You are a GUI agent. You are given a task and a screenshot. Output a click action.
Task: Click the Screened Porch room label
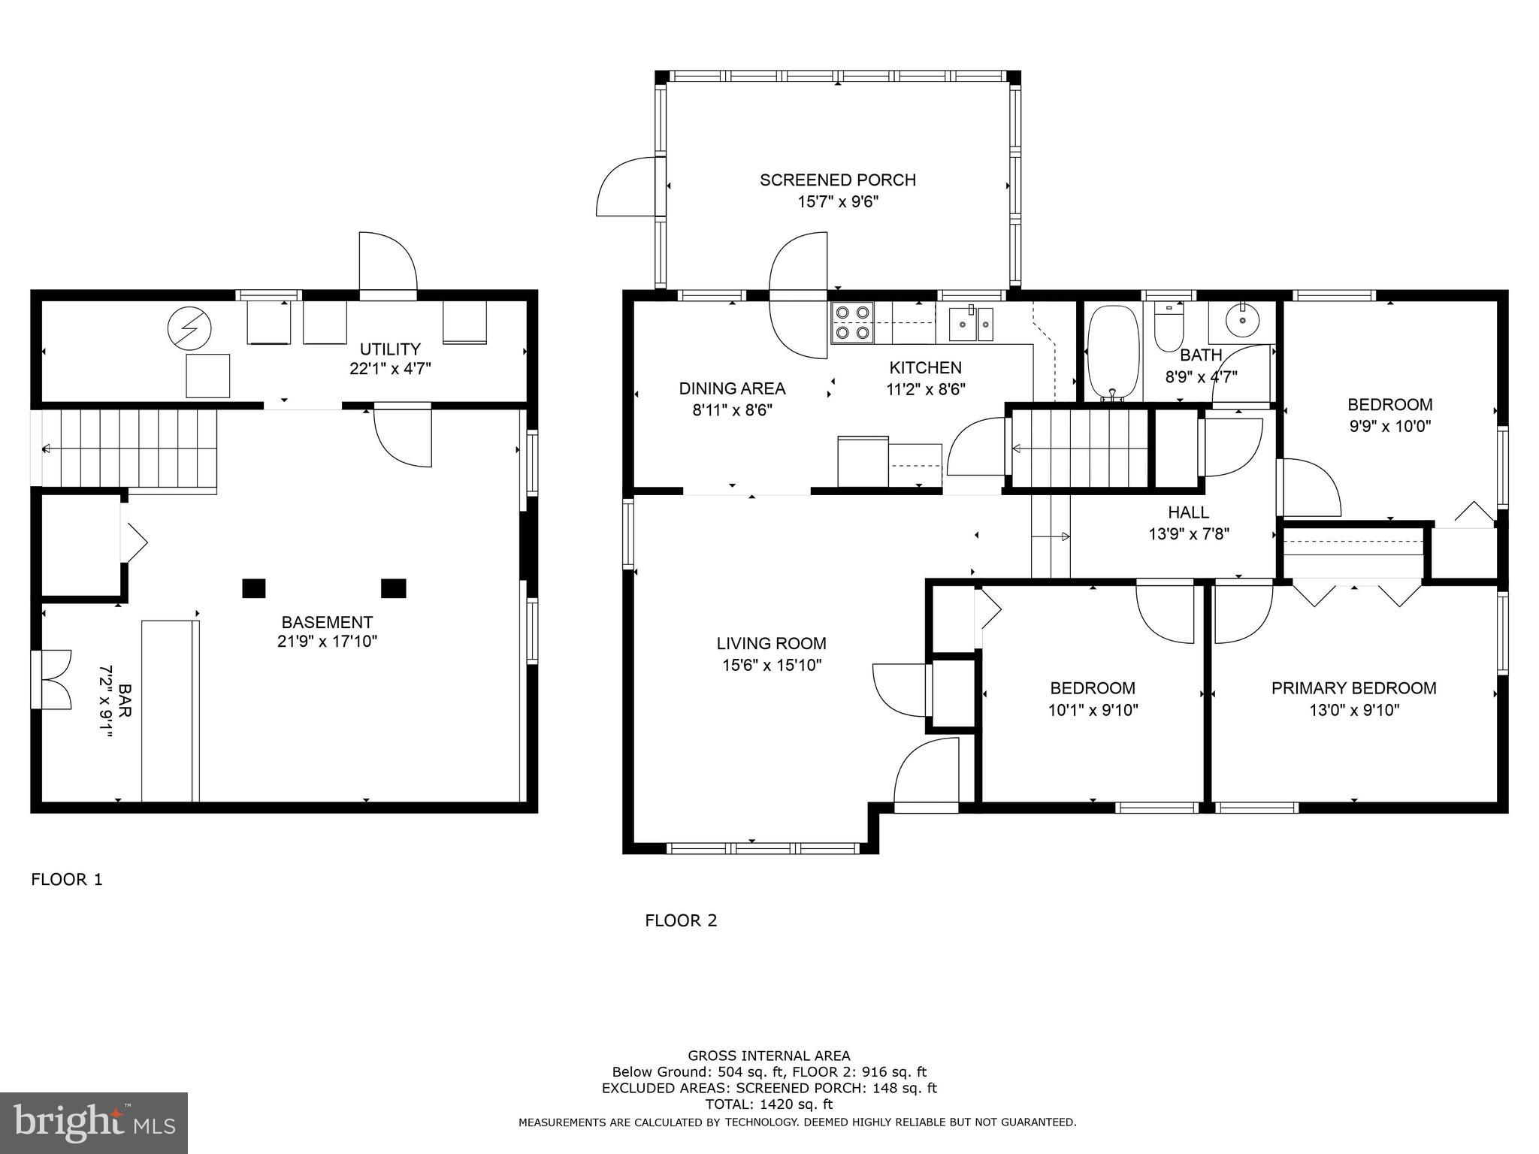point(837,180)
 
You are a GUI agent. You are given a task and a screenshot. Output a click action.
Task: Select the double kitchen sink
point(970,323)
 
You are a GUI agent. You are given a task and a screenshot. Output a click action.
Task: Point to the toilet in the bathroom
point(1169,326)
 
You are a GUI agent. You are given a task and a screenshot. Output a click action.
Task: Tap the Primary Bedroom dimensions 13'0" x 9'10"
point(1354,710)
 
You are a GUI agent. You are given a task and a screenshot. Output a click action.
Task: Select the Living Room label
point(771,643)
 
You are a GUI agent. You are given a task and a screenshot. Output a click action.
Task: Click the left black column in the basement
point(254,588)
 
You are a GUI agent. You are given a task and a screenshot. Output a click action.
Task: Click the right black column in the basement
point(394,588)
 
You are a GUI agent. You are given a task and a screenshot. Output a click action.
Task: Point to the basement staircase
point(128,449)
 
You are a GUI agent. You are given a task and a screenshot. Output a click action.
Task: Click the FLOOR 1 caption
point(67,879)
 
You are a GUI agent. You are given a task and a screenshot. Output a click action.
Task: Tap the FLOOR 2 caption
point(681,920)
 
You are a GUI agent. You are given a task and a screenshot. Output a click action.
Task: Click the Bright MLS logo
point(94,1123)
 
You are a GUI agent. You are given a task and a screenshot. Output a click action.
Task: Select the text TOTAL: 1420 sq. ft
point(769,1104)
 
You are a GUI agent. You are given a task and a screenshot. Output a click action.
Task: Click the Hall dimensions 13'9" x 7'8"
point(1189,534)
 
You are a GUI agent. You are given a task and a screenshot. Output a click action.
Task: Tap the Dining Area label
point(732,388)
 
